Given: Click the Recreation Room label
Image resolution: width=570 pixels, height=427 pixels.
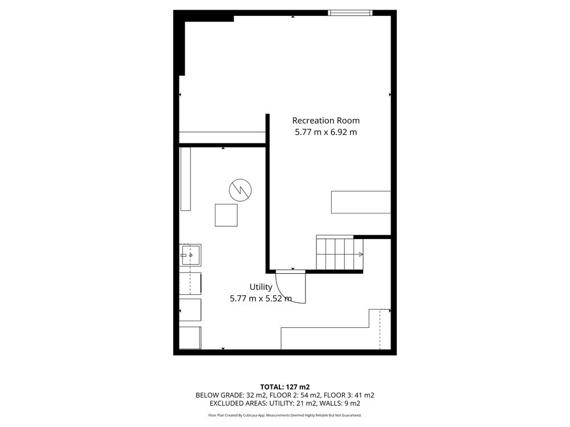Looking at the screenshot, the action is click(325, 121).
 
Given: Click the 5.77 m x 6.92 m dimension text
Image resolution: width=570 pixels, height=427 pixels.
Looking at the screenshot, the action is click(325, 132).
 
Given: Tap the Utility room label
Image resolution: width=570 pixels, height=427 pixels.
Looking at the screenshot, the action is click(260, 287).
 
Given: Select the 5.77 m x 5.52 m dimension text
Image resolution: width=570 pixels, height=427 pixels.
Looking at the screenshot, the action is click(260, 299).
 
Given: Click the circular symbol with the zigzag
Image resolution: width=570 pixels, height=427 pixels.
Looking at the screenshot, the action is click(241, 190).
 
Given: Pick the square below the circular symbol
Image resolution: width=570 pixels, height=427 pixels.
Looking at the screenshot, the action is click(226, 215).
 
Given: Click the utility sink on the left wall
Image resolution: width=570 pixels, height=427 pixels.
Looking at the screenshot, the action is click(190, 255).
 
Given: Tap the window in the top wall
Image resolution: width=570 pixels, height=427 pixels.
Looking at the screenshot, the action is click(350, 13).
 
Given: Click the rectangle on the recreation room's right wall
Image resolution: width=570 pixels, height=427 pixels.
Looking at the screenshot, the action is click(361, 202).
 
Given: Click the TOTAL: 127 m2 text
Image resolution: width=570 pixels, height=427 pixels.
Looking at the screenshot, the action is click(285, 387).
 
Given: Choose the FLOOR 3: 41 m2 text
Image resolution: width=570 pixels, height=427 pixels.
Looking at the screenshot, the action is click(349, 395).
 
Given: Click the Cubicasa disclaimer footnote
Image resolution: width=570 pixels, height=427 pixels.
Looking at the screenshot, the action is click(285, 415).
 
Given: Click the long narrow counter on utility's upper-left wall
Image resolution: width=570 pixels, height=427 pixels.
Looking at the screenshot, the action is click(186, 179).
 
